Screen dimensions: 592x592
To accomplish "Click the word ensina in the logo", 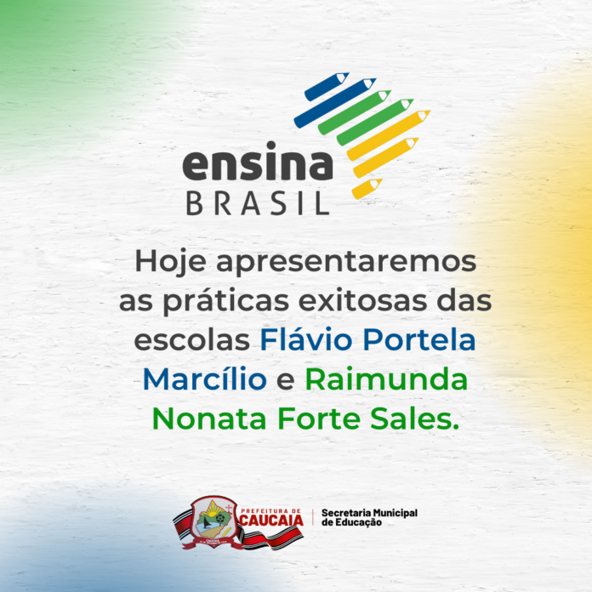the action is coord(258,162).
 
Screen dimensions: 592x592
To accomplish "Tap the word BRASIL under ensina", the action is coord(258,203).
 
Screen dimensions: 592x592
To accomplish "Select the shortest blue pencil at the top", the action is coord(327,87).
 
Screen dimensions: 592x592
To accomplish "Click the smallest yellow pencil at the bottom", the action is coord(367,189).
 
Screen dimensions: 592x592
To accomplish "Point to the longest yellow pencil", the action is coord(389,135).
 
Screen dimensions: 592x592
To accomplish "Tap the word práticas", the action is coord(226,301).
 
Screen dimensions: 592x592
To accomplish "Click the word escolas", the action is coord(191,339).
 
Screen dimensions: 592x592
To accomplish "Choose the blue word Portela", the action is coord(419,339).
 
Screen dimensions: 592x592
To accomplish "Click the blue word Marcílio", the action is coord(205,379).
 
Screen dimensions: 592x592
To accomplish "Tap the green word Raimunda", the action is coord(387,379).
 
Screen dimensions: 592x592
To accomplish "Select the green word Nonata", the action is coord(209,418).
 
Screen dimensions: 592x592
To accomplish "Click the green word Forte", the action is coord(319,418).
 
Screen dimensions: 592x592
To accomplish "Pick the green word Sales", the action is coord(414,418).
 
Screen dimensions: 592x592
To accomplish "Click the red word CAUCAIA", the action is coord(271,521).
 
